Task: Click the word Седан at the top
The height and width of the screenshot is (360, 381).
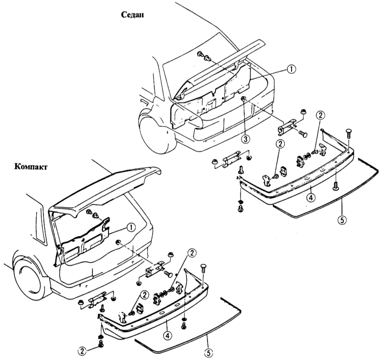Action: (133, 15)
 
